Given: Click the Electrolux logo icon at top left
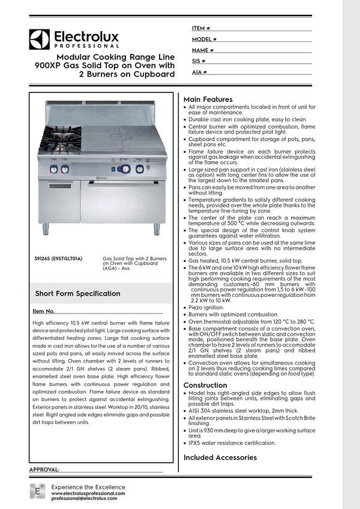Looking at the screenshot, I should (x=39, y=40).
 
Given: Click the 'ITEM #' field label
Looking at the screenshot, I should (x=201, y=28).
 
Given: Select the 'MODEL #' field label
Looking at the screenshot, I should (x=205, y=39).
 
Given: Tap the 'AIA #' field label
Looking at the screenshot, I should (x=200, y=72).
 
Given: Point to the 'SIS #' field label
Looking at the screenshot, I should (x=199, y=61).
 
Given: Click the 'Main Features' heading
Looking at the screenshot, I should (x=208, y=99).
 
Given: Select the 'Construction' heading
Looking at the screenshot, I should (x=205, y=385).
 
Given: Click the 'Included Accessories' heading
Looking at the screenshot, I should (x=220, y=457).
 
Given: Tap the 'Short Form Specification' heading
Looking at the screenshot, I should (x=78, y=294).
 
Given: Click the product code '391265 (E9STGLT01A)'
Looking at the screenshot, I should (x=59, y=258).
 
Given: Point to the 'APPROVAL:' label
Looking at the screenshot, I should (x=44, y=469).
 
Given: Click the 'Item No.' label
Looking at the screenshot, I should (x=43, y=312).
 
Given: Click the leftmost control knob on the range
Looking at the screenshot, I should (x=53, y=169).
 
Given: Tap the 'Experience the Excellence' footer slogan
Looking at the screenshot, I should (x=88, y=487).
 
